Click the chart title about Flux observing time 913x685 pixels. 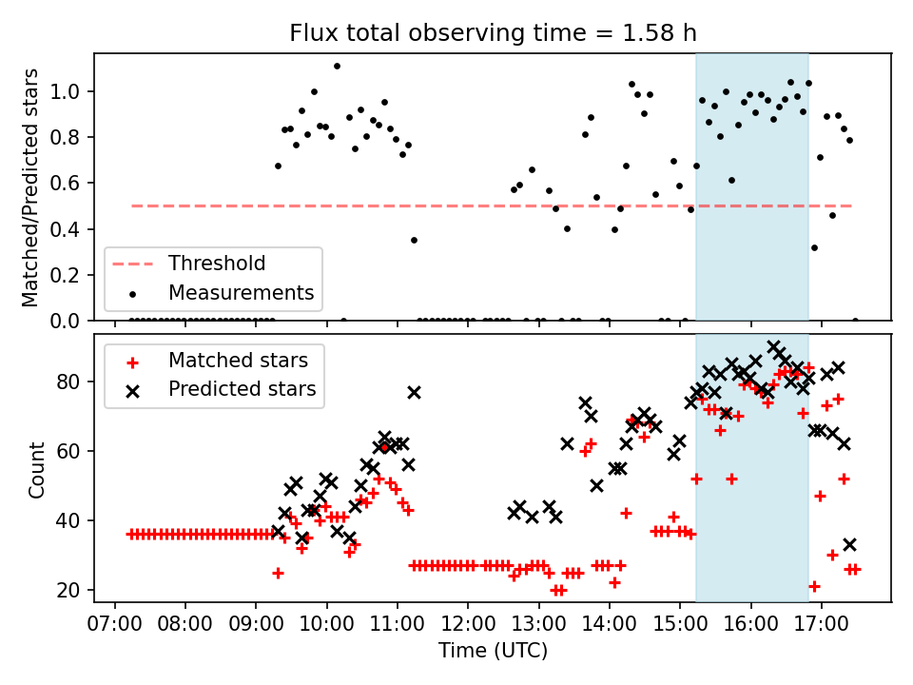click(x=493, y=33)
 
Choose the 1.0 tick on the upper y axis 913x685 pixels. click(x=74, y=92)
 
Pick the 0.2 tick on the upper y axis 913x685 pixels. click(x=74, y=275)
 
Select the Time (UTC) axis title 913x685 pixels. click(x=493, y=651)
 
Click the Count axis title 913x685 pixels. click(x=37, y=469)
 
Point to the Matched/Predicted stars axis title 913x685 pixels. click(x=30, y=187)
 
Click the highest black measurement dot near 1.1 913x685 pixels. click(x=337, y=67)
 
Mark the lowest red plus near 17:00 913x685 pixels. click(x=814, y=586)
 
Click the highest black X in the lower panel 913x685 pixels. click(x=774, y=347)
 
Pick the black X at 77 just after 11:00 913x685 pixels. click(x=414, y=392)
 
